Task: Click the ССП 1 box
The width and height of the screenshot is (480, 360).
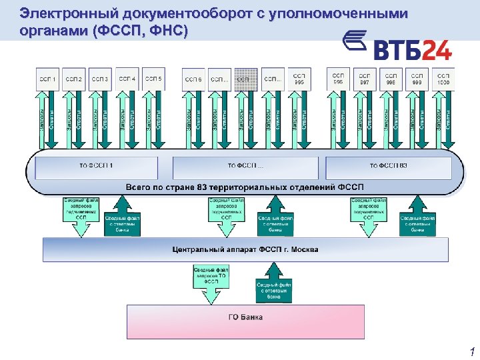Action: pyautogui.click(x=48, y=80)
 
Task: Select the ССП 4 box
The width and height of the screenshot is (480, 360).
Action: pyautogui.click(x=127, y=79)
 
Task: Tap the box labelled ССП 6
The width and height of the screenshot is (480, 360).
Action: pyautogui.click(x=193, y=80)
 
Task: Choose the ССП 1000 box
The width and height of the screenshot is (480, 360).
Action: pyautogui.click(x=443, y=77)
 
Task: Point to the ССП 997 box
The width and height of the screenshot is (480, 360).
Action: pyautogui.click(x=364, y=77)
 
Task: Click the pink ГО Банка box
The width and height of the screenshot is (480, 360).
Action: pyautogui.click(x=245, y=322)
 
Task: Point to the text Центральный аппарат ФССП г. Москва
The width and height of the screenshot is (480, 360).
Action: pyautogui.click(x=245, y=250)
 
